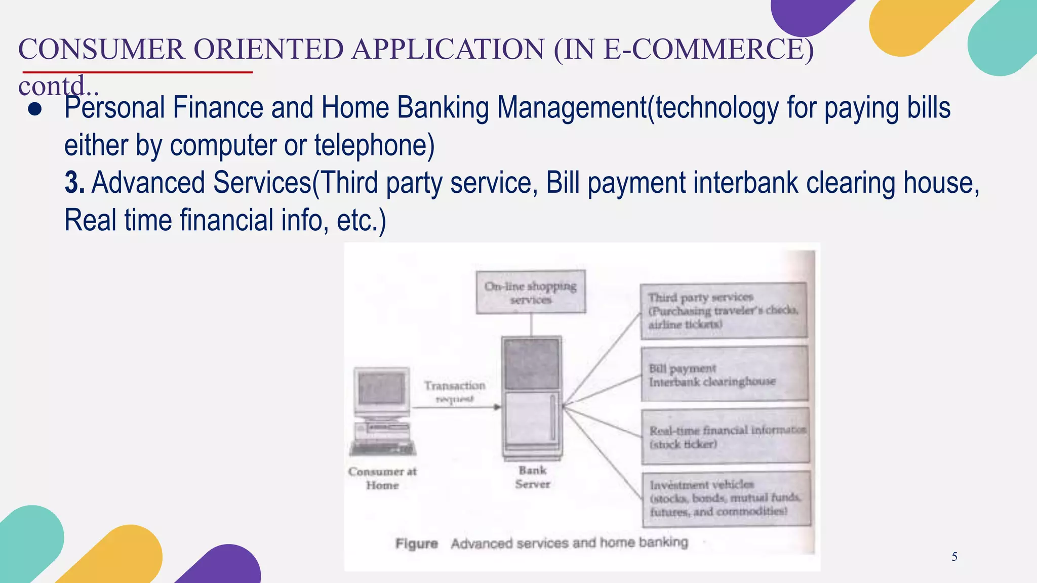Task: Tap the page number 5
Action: tap(954, 557)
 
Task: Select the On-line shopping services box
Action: tap(531, 292)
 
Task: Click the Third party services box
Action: tap(724, 310)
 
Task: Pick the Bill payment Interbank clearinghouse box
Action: tap(724, 374)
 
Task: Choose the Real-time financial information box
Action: tap(725, 437)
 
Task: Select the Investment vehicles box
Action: tap(726, 498)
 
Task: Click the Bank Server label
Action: tap(533, 477)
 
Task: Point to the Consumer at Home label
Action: tap(382, 478)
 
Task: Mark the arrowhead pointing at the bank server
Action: tap(497, 407)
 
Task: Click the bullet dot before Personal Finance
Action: tap(35, 110)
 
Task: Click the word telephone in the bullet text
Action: tap(374, 145)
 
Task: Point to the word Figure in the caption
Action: tap(416, 544)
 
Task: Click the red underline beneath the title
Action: tap(137, 72)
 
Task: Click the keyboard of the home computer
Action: tap(383, 449)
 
